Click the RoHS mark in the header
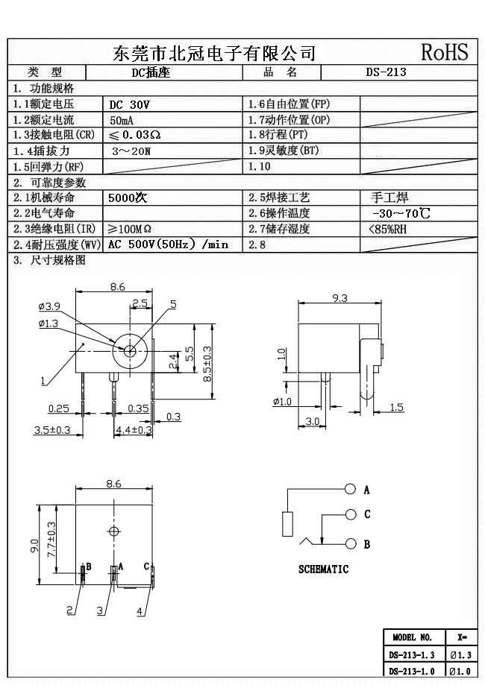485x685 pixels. pyautogui.click(x=445, y=52)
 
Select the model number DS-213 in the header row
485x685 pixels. pyautogui.click(x=386, y=73)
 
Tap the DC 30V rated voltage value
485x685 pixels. pyautogui.click(x=130, y=104)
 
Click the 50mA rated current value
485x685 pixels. pyautogui.click(x=123, y=120)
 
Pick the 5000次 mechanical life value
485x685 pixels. pyautogui.click(x=128, y=198)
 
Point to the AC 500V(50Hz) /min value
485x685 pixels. pyautogui.click(x=168, y=244)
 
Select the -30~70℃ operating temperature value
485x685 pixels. pyautogui.click(x=400, y=213)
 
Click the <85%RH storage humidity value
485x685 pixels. pyautogui.click(x=388, y=229)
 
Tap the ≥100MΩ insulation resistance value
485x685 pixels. pyautogui.click(x=131, y=229)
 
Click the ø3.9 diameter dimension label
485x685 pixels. pyautogui.click(x=49, y=306)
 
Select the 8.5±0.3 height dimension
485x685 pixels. pyautogui.click(x=207, y=364)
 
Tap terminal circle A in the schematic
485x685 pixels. pyautogui.click(x=351, y=490)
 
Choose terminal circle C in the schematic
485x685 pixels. pyautogui.click(x=351, y=514)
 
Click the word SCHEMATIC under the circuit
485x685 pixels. pyautogui.click(x=323, y=569)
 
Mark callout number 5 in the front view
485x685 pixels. pyautogui.click(x=173, y=304)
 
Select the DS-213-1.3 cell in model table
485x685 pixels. pyautogui.click(x=411, y=655)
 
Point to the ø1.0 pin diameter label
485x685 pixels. pyautogui.click(x=283, y=402)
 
